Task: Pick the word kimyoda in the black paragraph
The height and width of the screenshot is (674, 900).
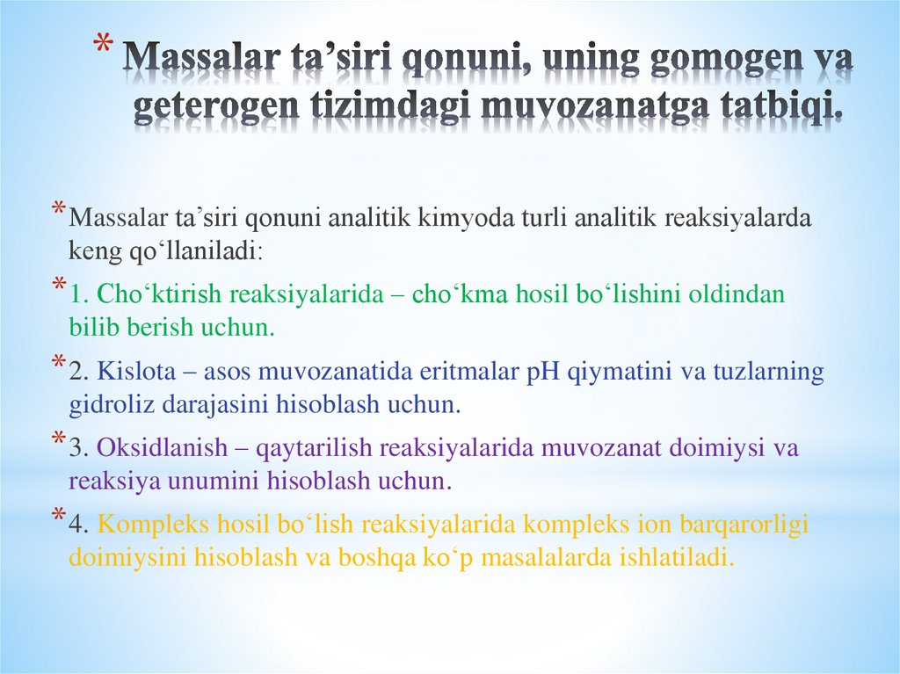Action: click(x=425, y=218)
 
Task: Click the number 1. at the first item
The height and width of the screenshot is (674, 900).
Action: click(x=80, y=294)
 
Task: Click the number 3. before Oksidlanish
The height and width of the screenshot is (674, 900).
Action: click(x=80, y=447)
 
